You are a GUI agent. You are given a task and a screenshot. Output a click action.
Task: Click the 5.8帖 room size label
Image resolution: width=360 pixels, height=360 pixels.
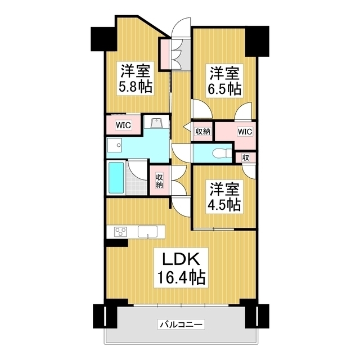[x=135, y=87]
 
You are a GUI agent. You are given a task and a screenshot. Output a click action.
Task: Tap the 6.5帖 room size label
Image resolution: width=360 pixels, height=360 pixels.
[x=226, y=88]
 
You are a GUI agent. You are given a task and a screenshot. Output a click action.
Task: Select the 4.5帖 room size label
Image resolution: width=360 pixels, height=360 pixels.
[x=226, y=204]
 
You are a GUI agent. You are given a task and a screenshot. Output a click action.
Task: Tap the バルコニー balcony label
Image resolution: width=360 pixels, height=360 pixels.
[x=181, y=324]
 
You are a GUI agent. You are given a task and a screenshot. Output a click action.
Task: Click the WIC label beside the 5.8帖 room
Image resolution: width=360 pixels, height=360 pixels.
[x=124, y=125]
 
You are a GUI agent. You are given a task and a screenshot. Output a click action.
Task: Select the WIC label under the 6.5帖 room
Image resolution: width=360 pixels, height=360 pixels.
[x=244, y=132]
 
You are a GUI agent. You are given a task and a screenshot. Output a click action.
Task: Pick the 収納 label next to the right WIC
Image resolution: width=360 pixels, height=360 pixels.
[x=202, y=132]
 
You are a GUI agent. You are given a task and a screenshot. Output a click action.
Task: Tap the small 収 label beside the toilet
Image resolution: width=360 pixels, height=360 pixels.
[x=246, y=157]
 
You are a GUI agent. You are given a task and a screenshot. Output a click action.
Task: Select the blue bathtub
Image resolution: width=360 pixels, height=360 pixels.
[x=116, y=178]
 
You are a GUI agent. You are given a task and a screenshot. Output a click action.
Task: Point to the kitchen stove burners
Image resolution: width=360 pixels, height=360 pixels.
[x=121, y=231]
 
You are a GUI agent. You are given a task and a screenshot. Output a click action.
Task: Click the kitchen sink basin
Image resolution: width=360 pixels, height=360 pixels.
[x=147, y=231]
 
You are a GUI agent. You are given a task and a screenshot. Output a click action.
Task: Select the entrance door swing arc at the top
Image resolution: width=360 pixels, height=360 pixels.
[x=182, y=28]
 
